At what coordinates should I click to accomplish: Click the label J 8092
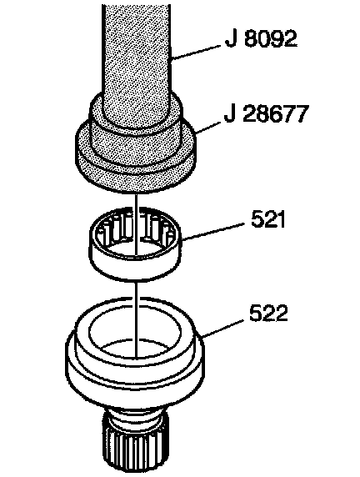(261, 38)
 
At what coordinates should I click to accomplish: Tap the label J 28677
(267, 113)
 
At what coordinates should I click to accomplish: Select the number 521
(268, 219)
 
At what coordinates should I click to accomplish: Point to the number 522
(268, 313)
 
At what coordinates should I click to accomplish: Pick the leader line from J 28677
(208, 128)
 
